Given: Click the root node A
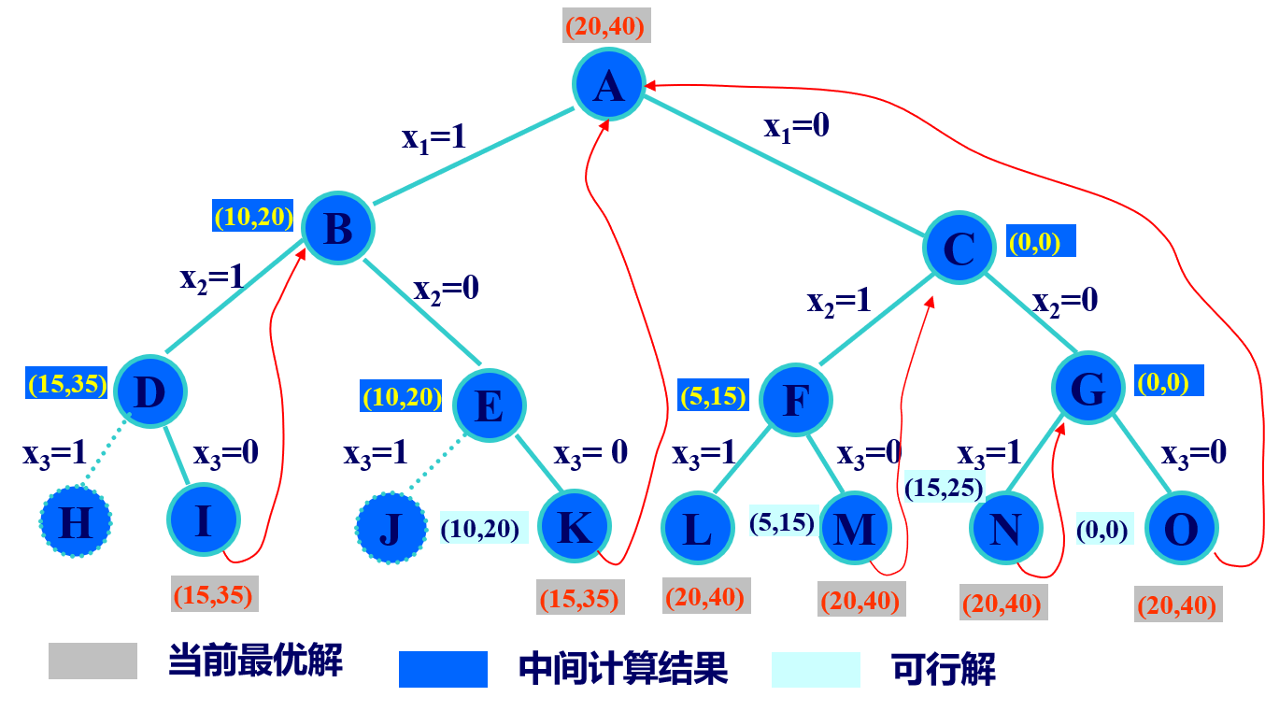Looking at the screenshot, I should [x=608, y=84].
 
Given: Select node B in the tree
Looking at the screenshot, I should [x=337, y=228].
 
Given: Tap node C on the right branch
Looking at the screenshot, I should [x=959, y=248].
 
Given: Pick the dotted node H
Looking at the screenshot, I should [x=76, y=521].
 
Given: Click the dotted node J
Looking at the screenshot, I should [x=391, y=528].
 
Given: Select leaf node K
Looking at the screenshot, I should [x=574, y=526].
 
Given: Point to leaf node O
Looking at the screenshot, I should [x=1181, y=528].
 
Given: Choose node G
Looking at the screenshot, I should [x=1087, y=388].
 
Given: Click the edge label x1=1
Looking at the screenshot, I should [x=434, y=137].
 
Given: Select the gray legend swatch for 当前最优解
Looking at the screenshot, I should [x=92, y=661].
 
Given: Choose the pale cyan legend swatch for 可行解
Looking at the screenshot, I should [x=816, y=669].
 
